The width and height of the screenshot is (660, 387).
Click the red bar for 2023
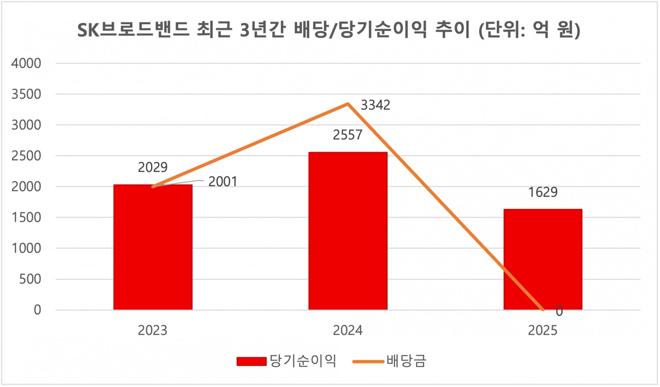click(x=153, y=247)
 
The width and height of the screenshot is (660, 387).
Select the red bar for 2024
click(x=348, y=231)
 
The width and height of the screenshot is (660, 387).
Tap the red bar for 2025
click(x=543, y=259)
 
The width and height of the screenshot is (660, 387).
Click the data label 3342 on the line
click(x=375, y=105)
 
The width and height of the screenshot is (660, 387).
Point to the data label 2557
click(x=348, y=135)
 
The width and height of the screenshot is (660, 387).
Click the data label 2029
click(x=153, y=167)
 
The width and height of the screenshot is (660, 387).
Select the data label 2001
click(x=223, y=181)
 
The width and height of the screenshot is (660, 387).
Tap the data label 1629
click(x=543, y=192)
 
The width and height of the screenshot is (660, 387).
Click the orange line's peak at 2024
click(x=348, y=104)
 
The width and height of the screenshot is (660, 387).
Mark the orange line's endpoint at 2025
click(x=543, y=310)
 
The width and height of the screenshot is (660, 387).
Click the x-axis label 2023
click(x=153, y=330)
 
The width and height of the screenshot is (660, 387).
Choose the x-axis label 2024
click(x=348, y=330)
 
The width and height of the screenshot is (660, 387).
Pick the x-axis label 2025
click(x=543, y=330)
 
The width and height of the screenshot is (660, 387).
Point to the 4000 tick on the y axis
click(x=26, y=63)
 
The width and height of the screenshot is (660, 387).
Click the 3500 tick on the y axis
click(x=26, y=94)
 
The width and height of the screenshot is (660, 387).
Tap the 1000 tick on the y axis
click(x=26, y=248)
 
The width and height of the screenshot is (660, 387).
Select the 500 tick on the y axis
click(x=30, y=279)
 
